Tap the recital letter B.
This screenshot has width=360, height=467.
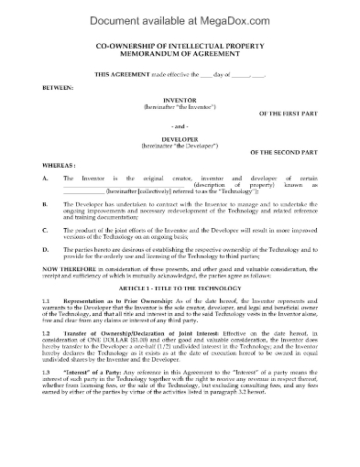pos(45,221)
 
